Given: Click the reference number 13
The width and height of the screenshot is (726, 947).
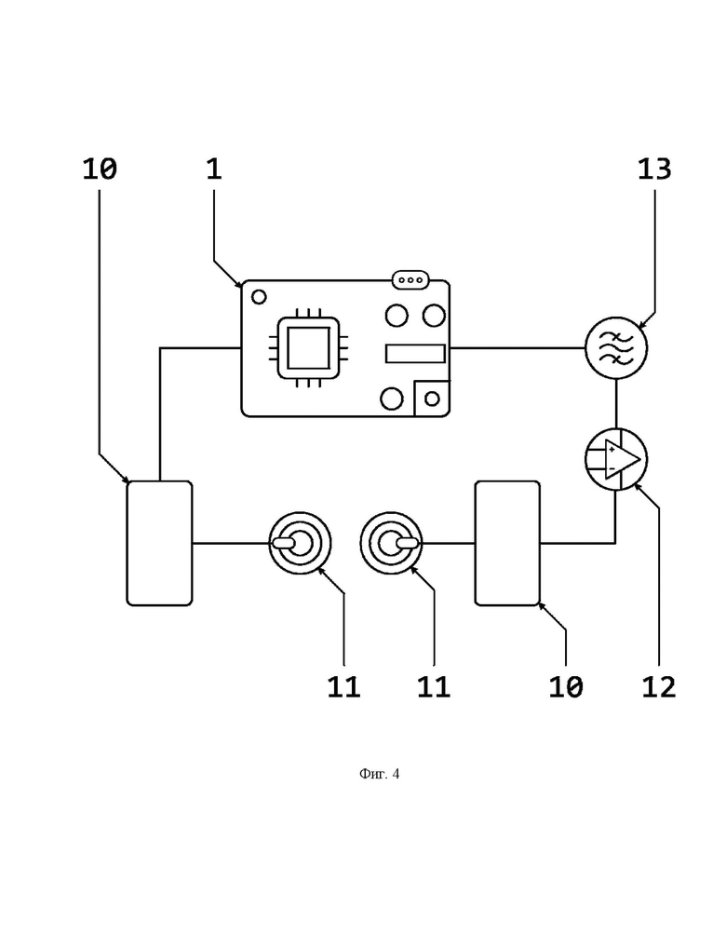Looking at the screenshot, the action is coord(654,169).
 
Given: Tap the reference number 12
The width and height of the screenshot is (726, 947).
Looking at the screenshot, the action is coord(658,687).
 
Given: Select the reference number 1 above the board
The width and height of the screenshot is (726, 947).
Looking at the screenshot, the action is coord(214,169).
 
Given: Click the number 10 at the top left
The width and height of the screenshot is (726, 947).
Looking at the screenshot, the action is coord(100,169).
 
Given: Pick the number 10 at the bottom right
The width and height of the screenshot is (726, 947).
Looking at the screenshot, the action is coord(566,687).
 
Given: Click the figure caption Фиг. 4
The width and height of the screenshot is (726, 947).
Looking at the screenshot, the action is coord(379,774).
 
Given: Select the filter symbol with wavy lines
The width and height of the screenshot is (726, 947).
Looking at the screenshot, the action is coord(616,348).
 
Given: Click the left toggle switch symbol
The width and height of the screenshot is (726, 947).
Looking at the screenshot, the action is coord(300,543).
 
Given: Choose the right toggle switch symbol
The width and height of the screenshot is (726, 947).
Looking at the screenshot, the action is coord(391,543).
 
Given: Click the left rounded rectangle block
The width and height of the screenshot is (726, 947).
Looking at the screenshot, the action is coord(159,543).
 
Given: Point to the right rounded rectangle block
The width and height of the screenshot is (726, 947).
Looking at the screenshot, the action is coord(507,543).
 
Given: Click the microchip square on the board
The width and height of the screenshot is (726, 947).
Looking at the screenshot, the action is coord(308,348).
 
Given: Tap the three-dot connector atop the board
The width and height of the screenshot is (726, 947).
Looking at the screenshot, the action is coord(410,280).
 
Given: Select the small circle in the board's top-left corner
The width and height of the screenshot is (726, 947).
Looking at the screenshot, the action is coord(259,297).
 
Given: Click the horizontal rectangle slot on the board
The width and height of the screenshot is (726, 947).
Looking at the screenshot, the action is coord(415,354).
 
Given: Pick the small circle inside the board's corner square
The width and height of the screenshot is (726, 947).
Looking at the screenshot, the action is coord(432,399).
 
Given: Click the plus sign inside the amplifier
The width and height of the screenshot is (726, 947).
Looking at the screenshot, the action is coord(612,450).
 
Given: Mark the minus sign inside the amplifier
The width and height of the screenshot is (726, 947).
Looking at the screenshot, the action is coord(612,468).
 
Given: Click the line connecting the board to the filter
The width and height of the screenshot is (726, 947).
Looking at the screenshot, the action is coord(518,348).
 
